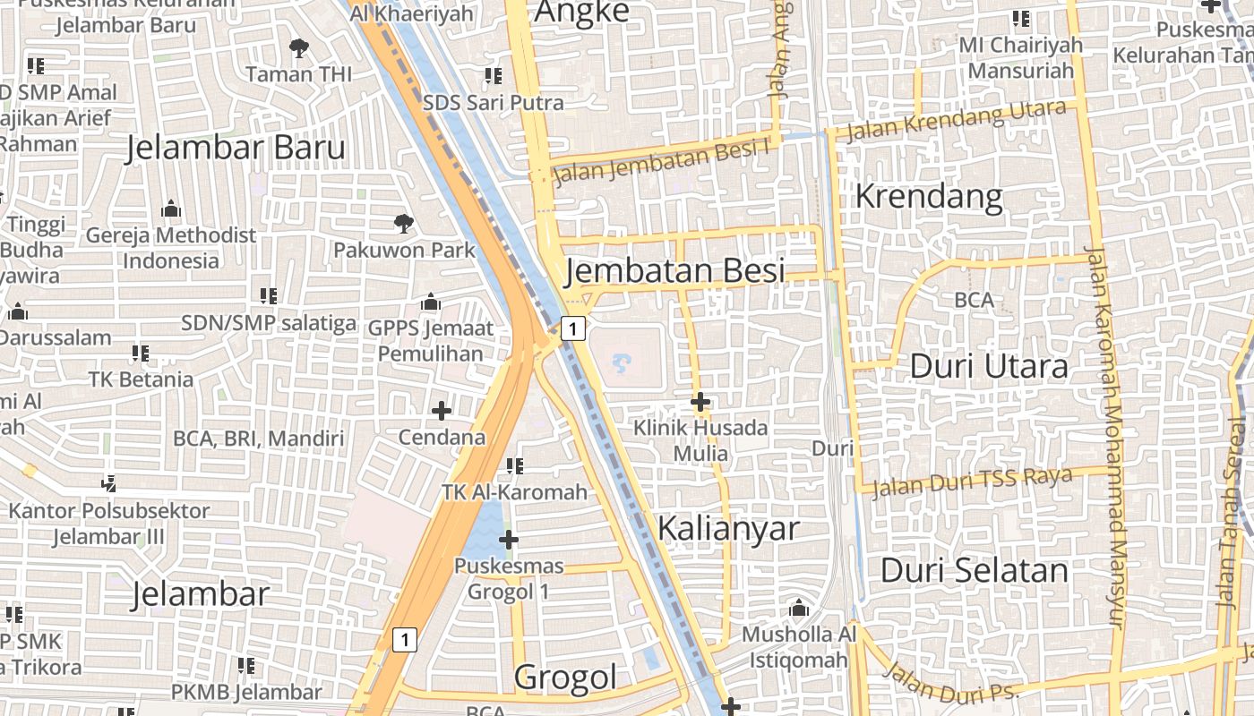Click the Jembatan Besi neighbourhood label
tap(675, 270)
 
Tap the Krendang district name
tap(929, 196)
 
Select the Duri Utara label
tap(989, 366)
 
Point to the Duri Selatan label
tap(975, 570)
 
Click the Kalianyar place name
tap(727, 528)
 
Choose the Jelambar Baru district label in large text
tap(236, 148)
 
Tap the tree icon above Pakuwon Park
tap(404, 223)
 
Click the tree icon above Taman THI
tap(298, 48)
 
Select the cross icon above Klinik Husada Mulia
tap(700, 403)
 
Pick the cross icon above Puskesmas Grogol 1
tap(508, 540)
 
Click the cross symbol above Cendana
tap(441, 411)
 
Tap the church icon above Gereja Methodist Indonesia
tap(170, 210)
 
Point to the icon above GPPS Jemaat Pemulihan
tap(431, 302)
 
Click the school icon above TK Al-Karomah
tap(514, 465)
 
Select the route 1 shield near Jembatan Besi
tap(573, 328)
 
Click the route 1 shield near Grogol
tap(405, 640)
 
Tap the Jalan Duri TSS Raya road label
tap(971, 481)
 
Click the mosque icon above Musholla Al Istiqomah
tap(799, 609)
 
